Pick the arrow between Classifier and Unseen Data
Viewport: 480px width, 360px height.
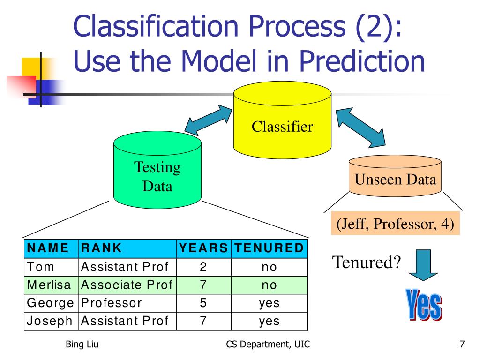click(x=360, y=126)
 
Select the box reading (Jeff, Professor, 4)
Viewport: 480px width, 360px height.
click(x=395, y=224)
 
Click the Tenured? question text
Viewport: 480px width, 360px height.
click(x=367, y=262)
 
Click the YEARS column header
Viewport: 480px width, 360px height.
click(x=203, y=248)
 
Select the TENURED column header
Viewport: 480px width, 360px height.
click(x=269, y=248)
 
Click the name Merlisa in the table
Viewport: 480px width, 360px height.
click(x=49, y=285)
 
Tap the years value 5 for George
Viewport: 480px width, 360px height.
click(x=203, y=303)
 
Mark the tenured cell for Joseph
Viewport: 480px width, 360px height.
click(x=269, y=321)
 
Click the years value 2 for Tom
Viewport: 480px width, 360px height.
click(x=203, y=267)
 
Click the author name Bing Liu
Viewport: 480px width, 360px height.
click(x=82, y=346)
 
